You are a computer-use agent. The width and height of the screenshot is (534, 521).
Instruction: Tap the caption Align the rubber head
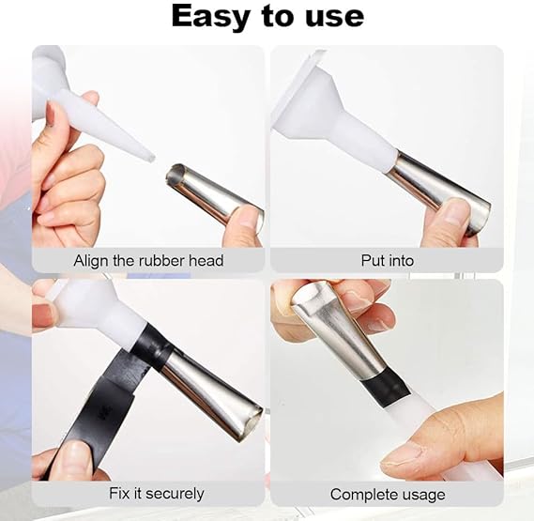click(x=148, y=260)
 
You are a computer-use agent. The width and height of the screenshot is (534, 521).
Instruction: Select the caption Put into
click(x=387, y=260)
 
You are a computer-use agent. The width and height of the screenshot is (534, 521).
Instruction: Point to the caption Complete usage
click(x=387, y=494)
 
